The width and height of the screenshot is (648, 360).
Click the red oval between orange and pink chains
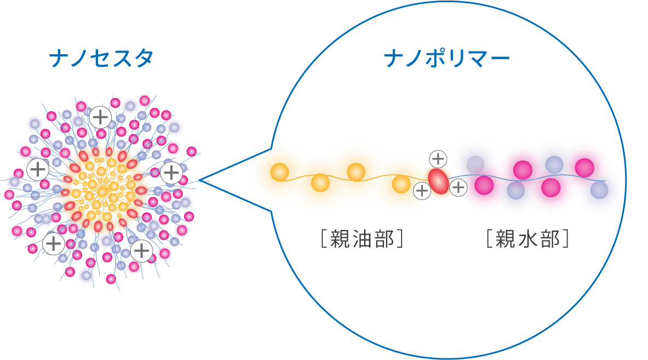click(x=438, y=180)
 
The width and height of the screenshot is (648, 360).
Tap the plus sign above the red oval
click(x=438, y=159)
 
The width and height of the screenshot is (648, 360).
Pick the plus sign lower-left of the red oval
click(x=422, y=191)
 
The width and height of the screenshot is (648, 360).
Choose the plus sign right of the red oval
click(x=458, y=188)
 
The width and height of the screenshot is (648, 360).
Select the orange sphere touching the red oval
click(x=402, y=182)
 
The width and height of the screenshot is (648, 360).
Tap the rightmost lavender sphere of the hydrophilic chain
click(x=600, y=190)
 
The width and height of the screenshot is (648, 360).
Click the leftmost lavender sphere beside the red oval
click(x=475, y=163)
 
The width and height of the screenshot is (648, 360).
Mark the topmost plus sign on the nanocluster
click(x=101, y=117)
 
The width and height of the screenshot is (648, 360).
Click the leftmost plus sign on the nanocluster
click(x=37, y=169)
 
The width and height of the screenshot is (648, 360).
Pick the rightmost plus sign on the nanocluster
click(x=171, y=173)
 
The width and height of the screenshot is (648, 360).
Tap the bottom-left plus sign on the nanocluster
click(x=53, y=243)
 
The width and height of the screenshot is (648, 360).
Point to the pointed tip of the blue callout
click(x=199, y=180)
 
